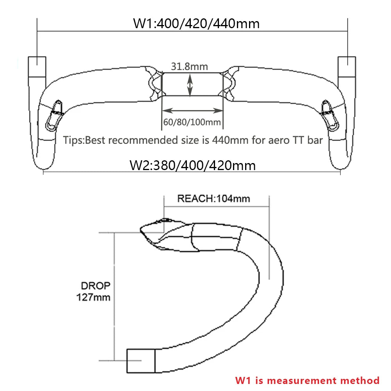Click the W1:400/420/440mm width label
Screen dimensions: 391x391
[196, 23]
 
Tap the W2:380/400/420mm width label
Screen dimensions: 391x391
[192, 165]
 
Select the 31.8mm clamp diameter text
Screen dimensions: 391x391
[189, 67]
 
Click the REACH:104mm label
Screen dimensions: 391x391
[213, 199]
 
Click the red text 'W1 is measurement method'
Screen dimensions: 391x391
[307, 380]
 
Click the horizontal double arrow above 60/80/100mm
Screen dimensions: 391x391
[192, 111]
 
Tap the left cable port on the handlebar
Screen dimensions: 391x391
[54, 115]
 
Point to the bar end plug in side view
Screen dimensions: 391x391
[141, 360]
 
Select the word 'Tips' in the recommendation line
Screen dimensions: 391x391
[74, 140]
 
